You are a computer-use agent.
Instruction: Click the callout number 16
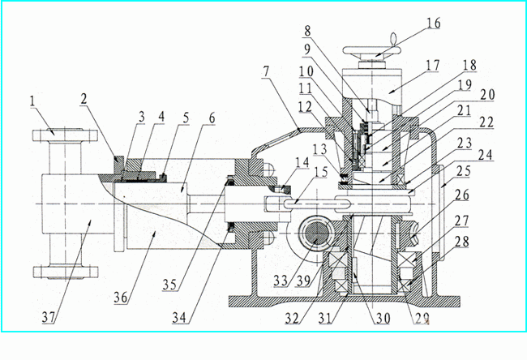click(x=434, y=24)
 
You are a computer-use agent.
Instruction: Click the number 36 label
click(x=120, y=297)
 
